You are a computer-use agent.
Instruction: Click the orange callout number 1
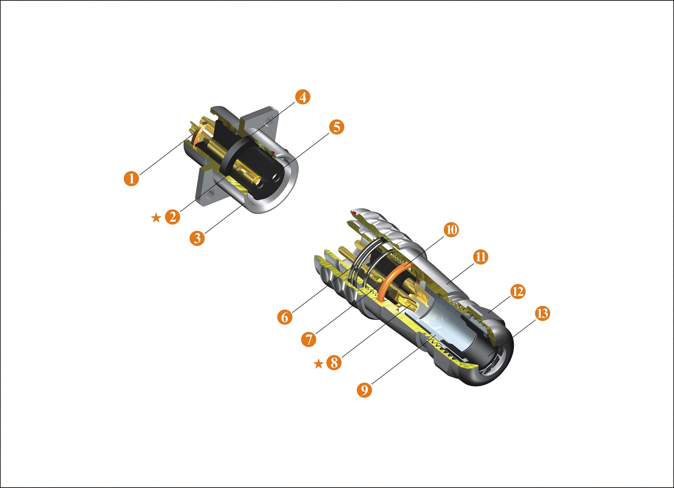pos(132,178)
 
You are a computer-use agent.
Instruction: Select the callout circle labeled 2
pos(172,217)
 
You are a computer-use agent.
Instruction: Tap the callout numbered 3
pos(197,238)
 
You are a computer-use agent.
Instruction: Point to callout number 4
pos(303,97)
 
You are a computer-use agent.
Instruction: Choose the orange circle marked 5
pos(336,127)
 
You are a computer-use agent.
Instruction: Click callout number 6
pos(285,317)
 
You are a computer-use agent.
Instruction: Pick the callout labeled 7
pos(309,339)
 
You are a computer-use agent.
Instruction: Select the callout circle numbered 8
pos(334,362)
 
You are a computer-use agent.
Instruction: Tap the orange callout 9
pos(364,389)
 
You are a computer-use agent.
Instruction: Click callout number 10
pos(451,230)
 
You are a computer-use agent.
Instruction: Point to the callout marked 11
pos(481,257)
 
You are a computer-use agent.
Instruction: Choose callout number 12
pos(517,291)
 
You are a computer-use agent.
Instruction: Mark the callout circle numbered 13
pos(542,313)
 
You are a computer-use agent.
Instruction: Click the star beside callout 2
pos(156,218)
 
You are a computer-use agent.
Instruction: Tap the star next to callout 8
pos(318,363)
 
